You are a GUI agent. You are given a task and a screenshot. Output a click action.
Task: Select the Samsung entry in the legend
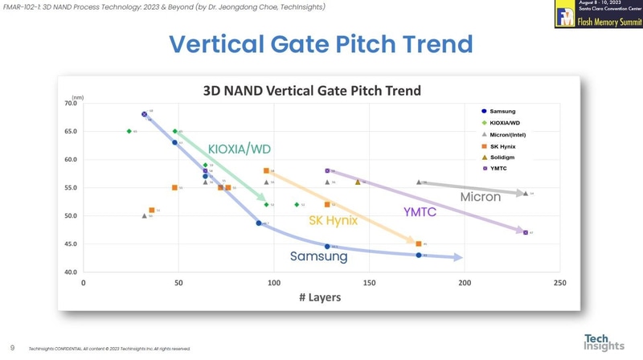[502, 111]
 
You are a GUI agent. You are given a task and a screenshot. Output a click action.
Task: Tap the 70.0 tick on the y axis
[70, 103]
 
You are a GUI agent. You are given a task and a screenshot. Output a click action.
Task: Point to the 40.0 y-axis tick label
[70, 272]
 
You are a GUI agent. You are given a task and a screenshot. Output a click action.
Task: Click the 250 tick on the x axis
[559, 283]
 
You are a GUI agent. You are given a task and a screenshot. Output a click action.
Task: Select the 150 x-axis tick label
[369, 283]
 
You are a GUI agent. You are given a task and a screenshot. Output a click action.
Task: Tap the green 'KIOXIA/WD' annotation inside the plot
[240, 149]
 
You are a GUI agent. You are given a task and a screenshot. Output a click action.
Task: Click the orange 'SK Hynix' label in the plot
[334, 220]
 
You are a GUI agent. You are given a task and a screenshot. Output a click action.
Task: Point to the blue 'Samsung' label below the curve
[319, 256]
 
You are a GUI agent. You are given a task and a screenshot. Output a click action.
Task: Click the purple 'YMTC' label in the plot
[420, 212]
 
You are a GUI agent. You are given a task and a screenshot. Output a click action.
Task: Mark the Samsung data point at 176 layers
[419, 255]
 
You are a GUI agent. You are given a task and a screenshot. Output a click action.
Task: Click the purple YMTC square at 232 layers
[526, 232]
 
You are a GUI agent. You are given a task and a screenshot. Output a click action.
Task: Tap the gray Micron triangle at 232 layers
[526, 193]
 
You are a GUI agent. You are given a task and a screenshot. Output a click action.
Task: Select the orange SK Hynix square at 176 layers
[419, 243]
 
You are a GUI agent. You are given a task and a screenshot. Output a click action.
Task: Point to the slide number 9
[12, 348]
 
